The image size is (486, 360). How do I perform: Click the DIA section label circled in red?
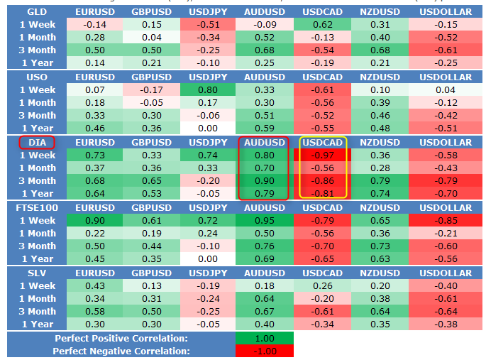tap(37, 142)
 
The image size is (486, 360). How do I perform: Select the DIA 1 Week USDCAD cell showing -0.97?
tap(322, 155)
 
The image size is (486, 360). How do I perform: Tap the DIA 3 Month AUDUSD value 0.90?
tap(265, 181)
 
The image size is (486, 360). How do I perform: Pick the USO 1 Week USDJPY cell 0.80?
tap(208, 90)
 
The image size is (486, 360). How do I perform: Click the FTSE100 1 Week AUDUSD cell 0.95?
tap(265, 220)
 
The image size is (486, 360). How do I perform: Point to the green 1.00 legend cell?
tap(265, 338)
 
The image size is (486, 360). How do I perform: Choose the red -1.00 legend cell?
tap(265, 351)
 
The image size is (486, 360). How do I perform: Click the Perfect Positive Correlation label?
tap(121, 338)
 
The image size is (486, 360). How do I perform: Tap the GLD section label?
tap(37, 12)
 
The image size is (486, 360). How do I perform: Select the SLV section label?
tap(37, 273)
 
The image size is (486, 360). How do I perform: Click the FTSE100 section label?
tap(37, 208)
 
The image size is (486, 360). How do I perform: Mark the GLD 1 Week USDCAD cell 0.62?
tap(322, 24)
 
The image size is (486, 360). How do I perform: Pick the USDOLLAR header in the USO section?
tap(446, 77)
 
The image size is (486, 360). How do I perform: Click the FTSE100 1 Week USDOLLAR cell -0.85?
tap(446, 220)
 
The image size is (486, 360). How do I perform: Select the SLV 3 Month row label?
tap(37, 311)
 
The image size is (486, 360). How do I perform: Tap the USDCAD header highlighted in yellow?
tap(322, 142)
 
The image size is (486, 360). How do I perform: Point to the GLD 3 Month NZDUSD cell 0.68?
tap(380, 50)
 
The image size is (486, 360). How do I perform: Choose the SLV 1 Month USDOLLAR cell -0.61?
tap(446, 299)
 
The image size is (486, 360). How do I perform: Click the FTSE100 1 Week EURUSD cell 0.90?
tap(95, 220)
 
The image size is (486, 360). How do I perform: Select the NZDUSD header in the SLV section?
tap(380, 273)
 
